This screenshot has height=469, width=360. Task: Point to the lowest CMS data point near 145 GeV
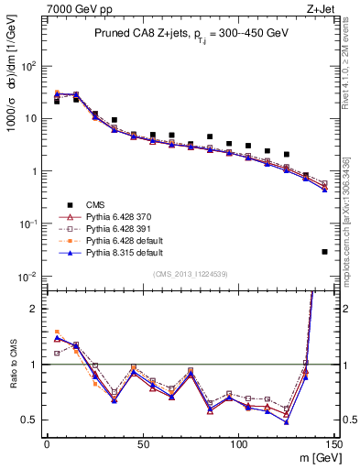(325, 251)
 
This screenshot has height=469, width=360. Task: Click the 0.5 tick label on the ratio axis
(29, 420)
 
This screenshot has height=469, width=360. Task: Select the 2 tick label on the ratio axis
(34, 309)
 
